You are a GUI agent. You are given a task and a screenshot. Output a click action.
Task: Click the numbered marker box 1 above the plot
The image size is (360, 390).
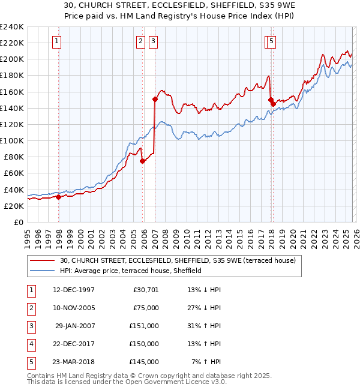[56, 41]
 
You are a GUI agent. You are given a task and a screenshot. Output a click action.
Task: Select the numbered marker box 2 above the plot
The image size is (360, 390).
[140, 41]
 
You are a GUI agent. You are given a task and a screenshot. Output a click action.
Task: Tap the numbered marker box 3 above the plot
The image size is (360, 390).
[153, 41]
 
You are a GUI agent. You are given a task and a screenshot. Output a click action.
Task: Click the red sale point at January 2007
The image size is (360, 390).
[155, 99]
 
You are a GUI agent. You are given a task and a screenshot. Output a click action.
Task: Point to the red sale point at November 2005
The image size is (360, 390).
[142, 161]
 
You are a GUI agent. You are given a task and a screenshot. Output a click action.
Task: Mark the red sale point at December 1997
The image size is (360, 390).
[59, 197]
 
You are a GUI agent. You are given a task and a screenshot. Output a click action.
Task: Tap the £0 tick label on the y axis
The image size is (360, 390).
[18, 222]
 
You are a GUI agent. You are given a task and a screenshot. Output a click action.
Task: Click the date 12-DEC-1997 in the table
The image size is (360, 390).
[74, 290]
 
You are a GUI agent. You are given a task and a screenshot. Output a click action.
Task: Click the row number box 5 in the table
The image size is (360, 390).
[30, 362]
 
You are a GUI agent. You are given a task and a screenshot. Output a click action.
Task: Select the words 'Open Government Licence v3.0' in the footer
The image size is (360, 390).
[178, 382]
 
